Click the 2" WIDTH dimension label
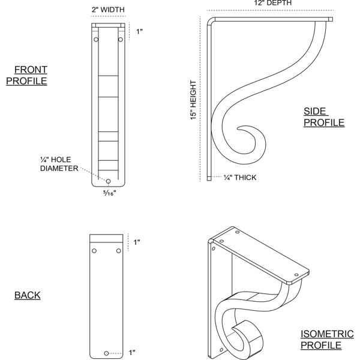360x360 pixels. [108, 10]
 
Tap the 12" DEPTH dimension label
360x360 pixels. [273, 3]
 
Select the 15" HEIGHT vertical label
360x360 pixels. [193, 100]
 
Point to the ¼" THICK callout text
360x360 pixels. [240, 178]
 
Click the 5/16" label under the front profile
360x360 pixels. [110, 193]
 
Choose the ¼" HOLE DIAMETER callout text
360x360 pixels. [59, 164]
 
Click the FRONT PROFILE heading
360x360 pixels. [26, 76]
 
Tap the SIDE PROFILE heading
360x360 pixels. [324, 117]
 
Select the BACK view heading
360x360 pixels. [28, 295]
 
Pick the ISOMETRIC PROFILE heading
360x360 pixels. [327, 340]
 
